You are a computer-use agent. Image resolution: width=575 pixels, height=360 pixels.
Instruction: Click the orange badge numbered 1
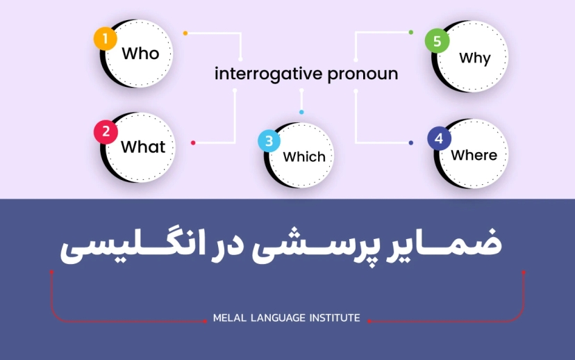(105, 39)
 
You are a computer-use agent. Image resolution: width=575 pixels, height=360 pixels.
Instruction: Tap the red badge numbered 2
(106, 131)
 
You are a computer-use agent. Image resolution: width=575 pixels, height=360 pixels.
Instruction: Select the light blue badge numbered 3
(269, 141)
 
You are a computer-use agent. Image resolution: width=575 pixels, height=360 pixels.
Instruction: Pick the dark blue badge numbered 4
(438, 139)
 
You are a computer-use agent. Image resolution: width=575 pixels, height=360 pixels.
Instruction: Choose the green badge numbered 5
(437, 42)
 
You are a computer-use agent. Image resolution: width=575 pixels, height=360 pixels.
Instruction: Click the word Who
(140, 54)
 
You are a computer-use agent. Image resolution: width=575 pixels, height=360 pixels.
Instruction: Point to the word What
(143, 147)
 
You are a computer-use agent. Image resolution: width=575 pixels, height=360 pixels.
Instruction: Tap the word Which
(304, 156)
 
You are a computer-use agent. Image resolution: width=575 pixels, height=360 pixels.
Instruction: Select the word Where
(474, 155)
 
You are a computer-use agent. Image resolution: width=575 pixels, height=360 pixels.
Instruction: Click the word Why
(475, 58)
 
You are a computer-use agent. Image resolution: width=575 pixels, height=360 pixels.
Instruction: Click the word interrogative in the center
(269, 74)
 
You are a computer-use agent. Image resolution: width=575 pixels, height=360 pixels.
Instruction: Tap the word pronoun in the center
(362, 74)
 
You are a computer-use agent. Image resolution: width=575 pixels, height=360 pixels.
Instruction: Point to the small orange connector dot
(185, 33)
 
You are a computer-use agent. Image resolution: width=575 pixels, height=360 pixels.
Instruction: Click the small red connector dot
(193, 143)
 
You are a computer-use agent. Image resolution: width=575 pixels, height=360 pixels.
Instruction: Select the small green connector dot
(411, 33)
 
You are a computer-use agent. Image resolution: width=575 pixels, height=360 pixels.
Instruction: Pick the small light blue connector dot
(301, 112)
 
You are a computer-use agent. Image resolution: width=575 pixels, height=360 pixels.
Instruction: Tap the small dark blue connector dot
(411, 143)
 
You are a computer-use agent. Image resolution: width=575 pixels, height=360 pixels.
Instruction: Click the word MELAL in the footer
(230, 318)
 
